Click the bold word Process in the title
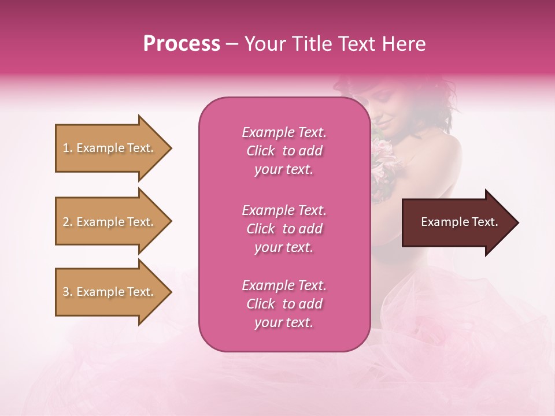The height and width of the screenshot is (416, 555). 182,44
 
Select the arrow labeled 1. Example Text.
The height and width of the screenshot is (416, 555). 113,148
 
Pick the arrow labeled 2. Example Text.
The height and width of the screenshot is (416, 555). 113,222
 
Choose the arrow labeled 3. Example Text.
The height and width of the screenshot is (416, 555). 113,292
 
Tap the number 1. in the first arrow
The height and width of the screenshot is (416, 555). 68,148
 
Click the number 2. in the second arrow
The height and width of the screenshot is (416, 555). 68,222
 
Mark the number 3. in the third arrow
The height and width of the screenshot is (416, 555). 68,292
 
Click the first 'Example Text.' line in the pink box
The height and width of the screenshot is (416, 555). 284,132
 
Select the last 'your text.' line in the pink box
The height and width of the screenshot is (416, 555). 284,322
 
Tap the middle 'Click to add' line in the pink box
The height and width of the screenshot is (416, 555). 284,229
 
